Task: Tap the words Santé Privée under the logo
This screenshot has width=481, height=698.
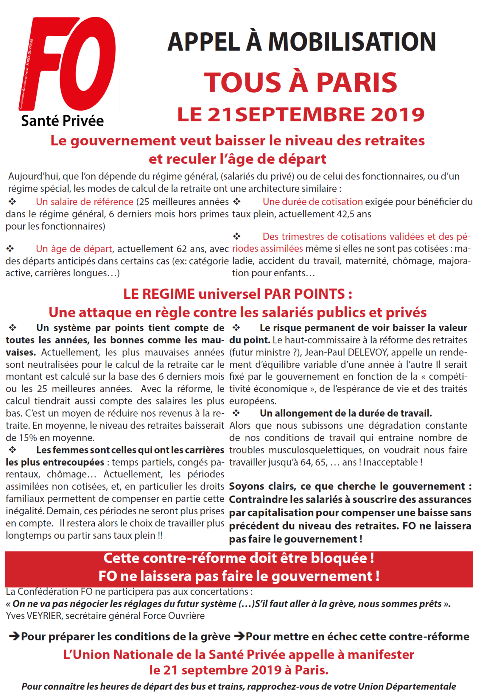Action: click(62, 121)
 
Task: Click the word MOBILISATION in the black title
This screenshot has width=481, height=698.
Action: click(352, 42)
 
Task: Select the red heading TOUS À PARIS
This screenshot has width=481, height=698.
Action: click(300, 82)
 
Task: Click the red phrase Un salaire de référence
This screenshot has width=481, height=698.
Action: click(85, 202)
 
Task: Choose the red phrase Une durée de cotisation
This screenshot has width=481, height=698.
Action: click(313, 202)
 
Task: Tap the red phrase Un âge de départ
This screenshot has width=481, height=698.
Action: click(74, 249)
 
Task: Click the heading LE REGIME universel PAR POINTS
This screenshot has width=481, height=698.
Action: click(238, 294)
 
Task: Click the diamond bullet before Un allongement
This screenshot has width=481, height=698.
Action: click(236, 413)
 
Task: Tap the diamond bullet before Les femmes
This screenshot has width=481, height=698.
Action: click(13, 450)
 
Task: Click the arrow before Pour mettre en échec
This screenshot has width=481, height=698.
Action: click(239, 636)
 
